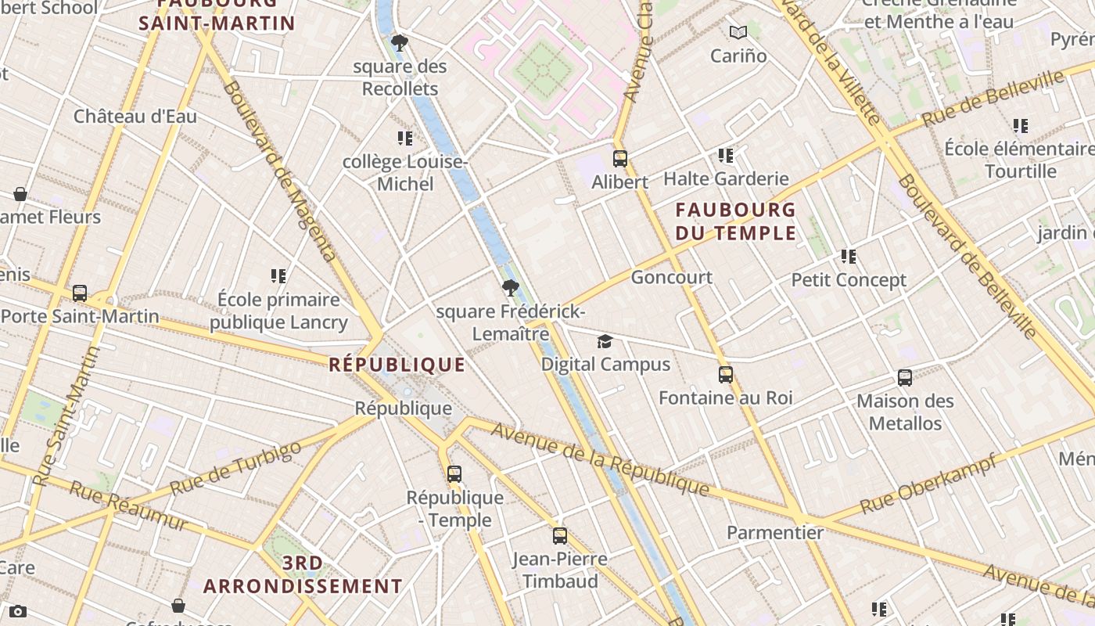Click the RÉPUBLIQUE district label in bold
tap(397, 365)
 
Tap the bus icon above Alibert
tap(620, 159)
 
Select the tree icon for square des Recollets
tap(400, 43)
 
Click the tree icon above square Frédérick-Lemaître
tap(510, 288)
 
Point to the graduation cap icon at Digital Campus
tap(605, 341)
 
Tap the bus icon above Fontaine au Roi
tap(726, 375)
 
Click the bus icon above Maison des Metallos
tap(905, 378)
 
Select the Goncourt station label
tap(671, 277)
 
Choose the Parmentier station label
tap(775, 533)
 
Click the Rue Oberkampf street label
tap(928, 484)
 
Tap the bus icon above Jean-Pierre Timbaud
tap(560, 536)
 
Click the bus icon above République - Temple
tap(454, 474)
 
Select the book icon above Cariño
tap(738, 33)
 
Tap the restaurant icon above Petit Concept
tap(849, 257)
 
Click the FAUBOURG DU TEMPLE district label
tap(735, 221)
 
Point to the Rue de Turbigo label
tap(235, 468)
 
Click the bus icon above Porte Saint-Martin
tap(80, 293)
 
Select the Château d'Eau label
tap(135, 117)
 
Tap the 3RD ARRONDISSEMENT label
tap(303, 574)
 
